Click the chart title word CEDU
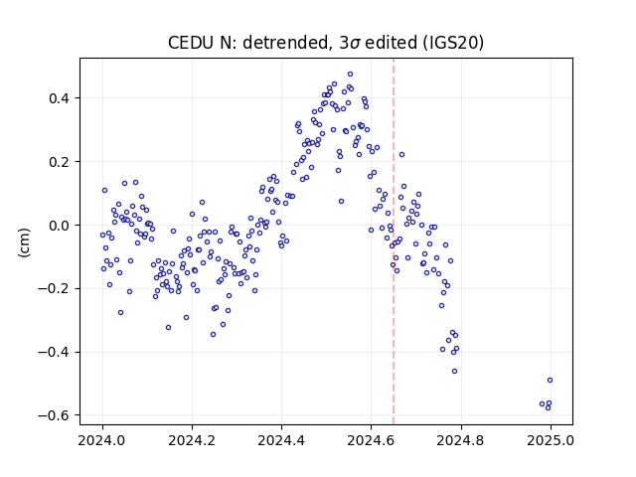click(x=192, y=43)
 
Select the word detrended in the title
click(x=285, y=43)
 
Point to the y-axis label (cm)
click(x=24, y=242)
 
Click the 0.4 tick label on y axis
click(x=60, y=98)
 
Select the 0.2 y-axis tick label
click(x=60, y=162)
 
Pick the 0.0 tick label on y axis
click(x=60, y=226)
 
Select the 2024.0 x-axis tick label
click(x=102, y=440)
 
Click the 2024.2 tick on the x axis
click(x=192, y=440)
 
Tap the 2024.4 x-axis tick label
click(x=281, y=440)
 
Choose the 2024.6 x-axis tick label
click(x=371, y=440)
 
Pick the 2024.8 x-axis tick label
click(x=460, y=440)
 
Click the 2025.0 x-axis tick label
click(x=551, y=440)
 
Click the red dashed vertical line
click(x=394, y=241)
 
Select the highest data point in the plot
click(x=350, y=75)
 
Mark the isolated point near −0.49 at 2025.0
click(x=550, y=380)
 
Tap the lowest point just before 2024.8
click(x=455, y=371)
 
